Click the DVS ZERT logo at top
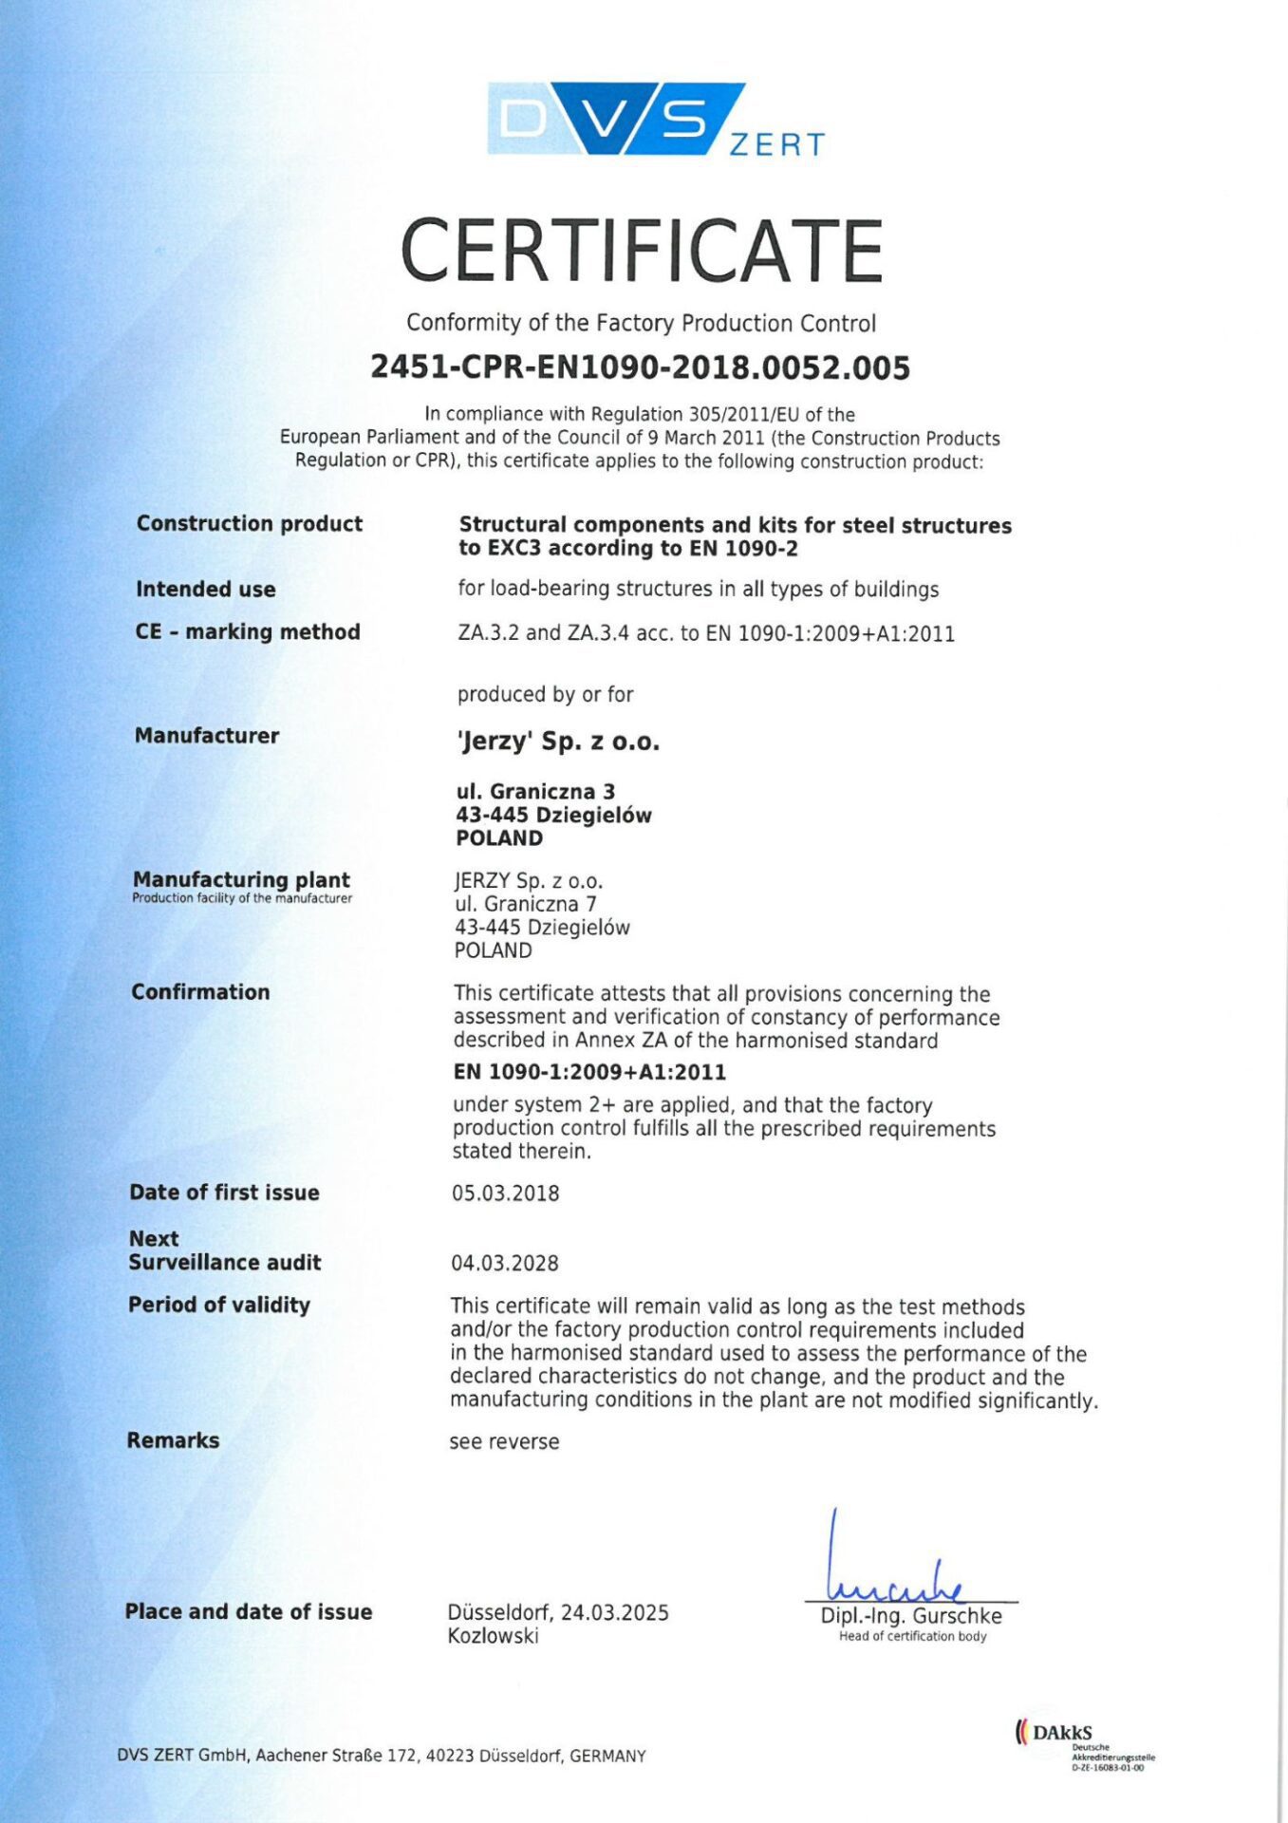[655, 120]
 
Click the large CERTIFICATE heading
[642, 251]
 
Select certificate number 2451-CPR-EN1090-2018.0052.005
[640, 367]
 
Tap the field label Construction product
[249, 524]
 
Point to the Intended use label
[205, 590]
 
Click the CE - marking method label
[247, 632]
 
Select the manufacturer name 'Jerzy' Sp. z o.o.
[557, 742]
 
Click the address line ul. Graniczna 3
[535, 792]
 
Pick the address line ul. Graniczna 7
[525, 904]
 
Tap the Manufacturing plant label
[241, 880]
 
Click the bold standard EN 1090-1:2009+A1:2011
[589, 1073]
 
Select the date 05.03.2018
[505, 1193]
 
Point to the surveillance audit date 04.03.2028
[505, 1264]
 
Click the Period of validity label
[219, 1306]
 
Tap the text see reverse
[504, 1442]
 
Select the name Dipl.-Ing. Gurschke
[911, 1616]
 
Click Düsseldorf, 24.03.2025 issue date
[558, 1613]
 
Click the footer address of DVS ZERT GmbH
[382, 1757]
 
